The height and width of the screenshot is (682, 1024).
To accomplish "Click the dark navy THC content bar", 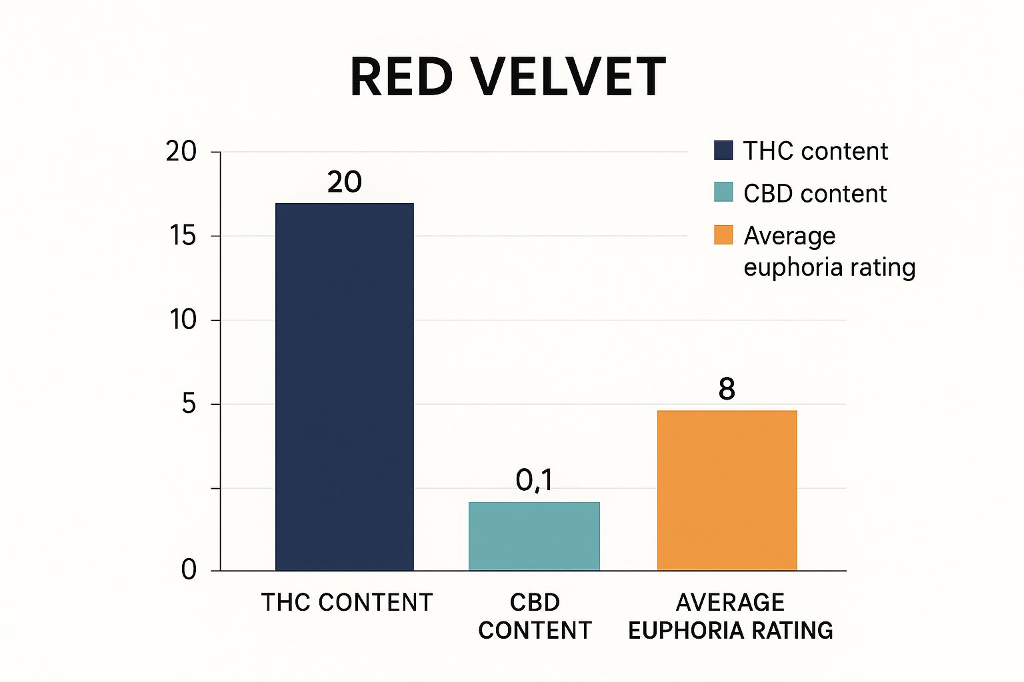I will click(x=344, y=386).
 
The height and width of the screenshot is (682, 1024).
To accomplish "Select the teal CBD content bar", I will click(x=534, y=536).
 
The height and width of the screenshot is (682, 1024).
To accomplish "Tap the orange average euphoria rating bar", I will click(x=727, y=490).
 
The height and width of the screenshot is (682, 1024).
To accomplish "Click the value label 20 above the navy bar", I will click(x=344, y=182).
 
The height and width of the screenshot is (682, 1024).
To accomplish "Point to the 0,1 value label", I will click(x=534, y=480).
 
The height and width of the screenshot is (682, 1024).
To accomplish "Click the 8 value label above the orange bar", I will click(x=727, y=389).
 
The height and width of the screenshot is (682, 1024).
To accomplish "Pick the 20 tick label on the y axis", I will click(x=181, y=152).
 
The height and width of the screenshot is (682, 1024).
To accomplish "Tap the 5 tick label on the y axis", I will click(x=189, y=404).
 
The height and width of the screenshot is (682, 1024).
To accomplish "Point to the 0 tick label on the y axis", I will click(x=189, y=570).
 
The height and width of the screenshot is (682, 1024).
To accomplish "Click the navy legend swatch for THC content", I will click(x=723, y=151).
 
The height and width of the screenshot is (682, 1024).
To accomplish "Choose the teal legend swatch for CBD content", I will click(x=723, y=192).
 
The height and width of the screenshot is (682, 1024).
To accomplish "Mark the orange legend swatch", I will click(x=723, y=235).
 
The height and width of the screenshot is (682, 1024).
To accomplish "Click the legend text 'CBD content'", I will click(x=815, y=194).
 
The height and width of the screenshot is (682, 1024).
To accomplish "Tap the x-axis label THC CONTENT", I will click(x=347, y=603).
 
